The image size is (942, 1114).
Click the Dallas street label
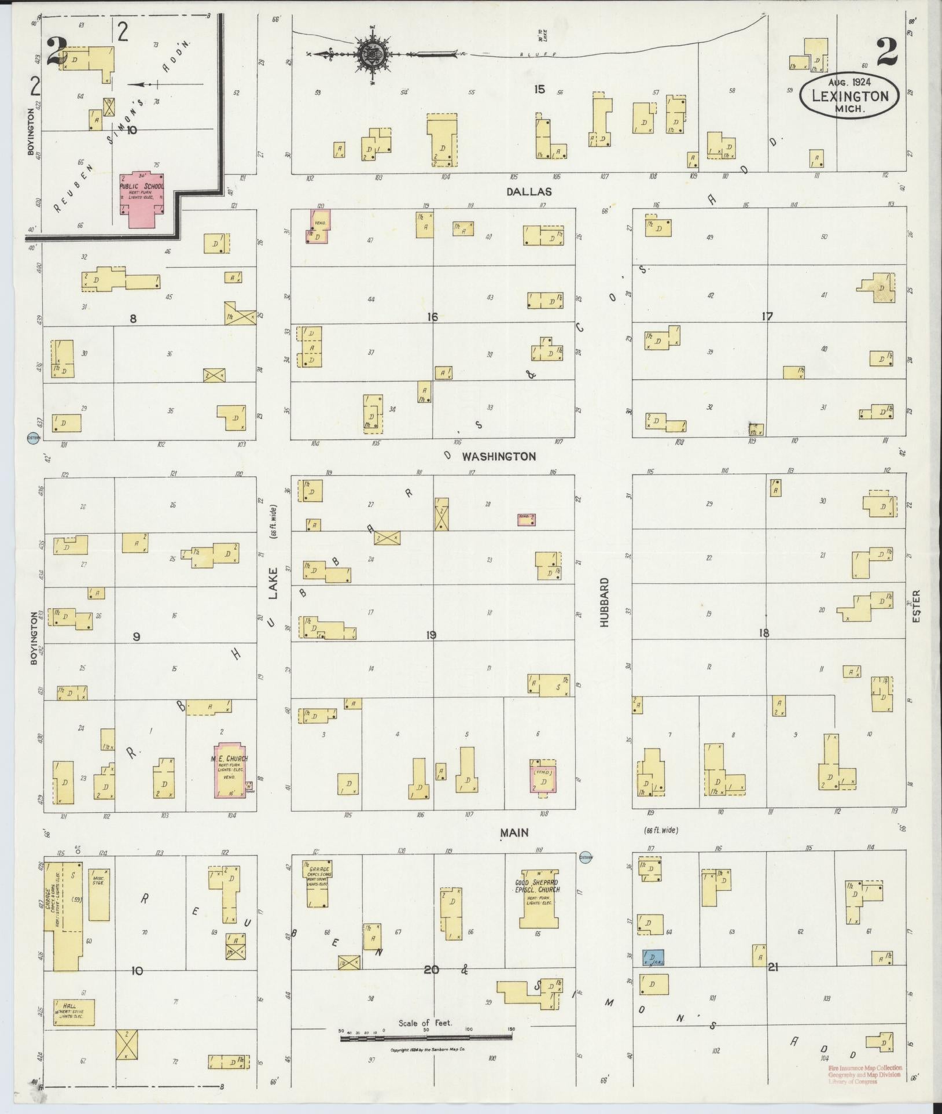[x=529, y=192]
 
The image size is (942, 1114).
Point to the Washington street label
[x=498, y=457]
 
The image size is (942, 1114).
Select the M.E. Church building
[x=230, y=771]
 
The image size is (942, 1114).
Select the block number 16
[x=432, y=317]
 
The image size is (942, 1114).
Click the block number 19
[x=430, y=635]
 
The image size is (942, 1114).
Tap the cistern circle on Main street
[x=586, y=857]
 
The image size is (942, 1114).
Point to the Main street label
[x=514, y=832]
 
